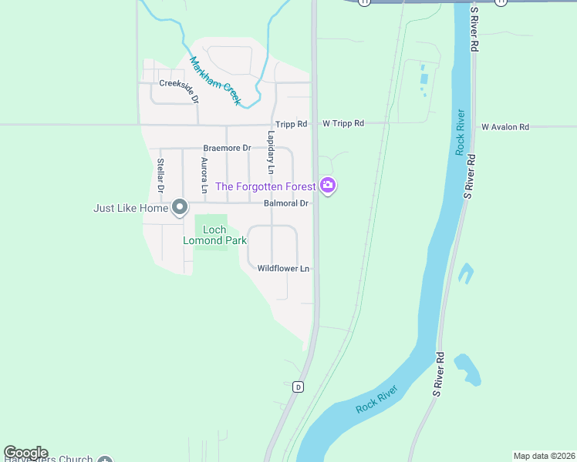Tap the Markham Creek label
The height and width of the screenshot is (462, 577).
coord(216,81)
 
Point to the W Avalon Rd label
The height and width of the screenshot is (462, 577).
coord(505,127)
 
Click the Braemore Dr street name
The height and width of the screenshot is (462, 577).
coord(227,148)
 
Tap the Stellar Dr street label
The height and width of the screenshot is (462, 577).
coord(160,175)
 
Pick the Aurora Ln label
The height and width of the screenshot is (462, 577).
coord(204,175)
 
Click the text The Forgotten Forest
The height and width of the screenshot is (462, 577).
coord(265,186)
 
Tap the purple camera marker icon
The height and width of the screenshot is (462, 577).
coord(328,186)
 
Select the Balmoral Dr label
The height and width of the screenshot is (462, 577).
coord(285,204)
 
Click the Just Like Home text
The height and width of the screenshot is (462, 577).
coord(130,208)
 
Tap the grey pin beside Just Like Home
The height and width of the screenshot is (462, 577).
coord(180,207)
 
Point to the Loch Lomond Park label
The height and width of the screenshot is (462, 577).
coord(214,235)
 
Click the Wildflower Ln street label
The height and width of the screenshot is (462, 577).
coord(283,269)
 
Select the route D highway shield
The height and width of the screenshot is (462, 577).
coord(298,387)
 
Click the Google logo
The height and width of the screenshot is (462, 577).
coord(25,454)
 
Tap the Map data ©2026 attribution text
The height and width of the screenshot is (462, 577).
coord(544,456)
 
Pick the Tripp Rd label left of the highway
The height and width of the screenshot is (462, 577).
coord(291,124)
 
